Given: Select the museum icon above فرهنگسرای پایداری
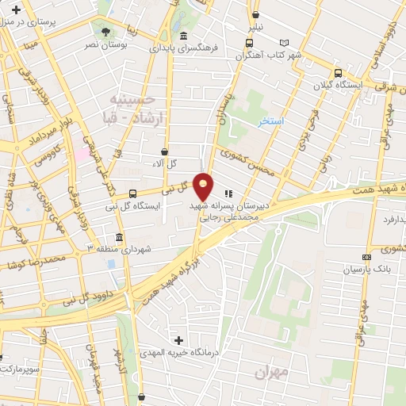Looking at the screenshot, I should pos(184,36).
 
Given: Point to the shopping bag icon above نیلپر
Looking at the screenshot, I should pos(255,14).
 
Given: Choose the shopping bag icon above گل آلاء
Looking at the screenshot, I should pos(164,151).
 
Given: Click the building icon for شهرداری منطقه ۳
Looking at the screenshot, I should pos(119,238).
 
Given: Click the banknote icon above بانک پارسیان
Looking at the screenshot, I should pos(366,257).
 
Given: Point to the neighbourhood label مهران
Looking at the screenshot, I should pos(273,371).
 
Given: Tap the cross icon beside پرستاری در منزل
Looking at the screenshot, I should pos(16,9).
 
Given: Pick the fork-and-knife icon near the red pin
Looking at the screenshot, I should pos(228,192).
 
